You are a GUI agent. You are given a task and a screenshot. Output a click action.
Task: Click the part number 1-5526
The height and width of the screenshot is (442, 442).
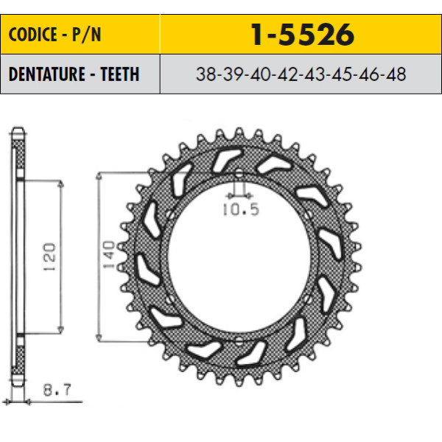[x=302, y=35]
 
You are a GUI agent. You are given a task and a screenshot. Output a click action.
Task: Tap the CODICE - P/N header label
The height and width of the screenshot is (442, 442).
[x=55, y=35]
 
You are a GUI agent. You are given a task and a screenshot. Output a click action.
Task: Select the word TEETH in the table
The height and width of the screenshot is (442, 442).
[x=120, y=74]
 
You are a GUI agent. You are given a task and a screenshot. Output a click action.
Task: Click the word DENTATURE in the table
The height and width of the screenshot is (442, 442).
[x=47, y=74]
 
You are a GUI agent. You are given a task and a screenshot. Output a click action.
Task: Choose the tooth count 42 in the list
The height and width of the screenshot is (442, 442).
[x=287, y=74]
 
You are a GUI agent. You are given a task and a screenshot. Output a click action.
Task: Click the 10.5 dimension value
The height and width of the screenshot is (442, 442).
[x=241, y=209]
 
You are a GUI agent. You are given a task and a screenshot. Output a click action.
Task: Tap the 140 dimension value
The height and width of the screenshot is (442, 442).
[x=108, y=255]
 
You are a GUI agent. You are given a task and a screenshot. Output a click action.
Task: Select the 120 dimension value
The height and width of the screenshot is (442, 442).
[x=49, y=257]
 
